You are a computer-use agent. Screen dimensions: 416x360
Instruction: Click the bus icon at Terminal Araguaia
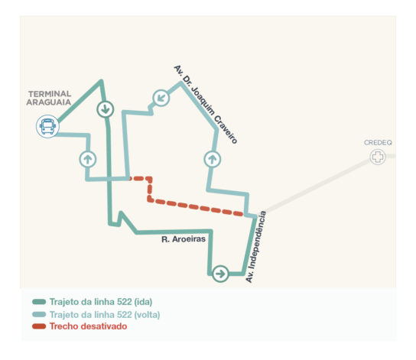(x=47, y=126)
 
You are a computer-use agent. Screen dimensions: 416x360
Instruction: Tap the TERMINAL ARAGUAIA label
(x=49, y=98)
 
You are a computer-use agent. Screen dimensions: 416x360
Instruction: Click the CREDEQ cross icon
(x=378, y=157)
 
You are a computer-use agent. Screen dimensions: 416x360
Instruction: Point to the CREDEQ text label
(x=378, y=143)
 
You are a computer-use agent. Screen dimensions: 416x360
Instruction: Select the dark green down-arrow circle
(x=106, y=109)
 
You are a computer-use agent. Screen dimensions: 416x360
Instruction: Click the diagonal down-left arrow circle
(x=161, y=98)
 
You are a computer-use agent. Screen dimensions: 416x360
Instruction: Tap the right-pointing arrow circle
(x=220, y=274)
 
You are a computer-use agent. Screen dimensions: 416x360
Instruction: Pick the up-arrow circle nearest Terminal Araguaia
(x=88, y=159)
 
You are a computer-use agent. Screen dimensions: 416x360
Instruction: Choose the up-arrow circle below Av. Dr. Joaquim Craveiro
(x=213, y=159)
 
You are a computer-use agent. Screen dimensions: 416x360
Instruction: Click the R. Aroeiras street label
(x=184, y=239)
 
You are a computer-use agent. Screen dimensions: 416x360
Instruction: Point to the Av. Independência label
(x=255, y=247)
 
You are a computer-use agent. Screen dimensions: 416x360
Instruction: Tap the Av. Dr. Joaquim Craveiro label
(x=206, y=105)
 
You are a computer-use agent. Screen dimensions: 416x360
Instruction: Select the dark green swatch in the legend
(x=39, y=302)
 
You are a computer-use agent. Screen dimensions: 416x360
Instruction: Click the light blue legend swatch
(x=39, y=314)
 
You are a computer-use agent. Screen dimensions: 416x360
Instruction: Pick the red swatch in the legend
(x=39, y=326)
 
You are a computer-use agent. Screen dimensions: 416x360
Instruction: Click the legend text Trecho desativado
(x=89, y=326)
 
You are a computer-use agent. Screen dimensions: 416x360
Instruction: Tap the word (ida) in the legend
(x=143, y=302)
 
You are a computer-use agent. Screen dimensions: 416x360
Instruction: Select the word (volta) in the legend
(x=148, y=315)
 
